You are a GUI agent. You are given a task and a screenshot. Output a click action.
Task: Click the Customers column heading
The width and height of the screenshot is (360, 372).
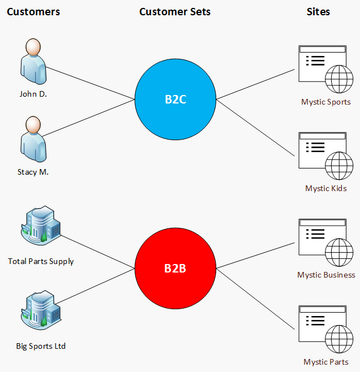tap(33, 11)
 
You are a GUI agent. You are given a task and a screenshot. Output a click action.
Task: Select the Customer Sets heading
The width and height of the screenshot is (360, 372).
tap(175, 11)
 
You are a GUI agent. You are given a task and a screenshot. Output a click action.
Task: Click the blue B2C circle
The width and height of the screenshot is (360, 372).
tap(175, 100)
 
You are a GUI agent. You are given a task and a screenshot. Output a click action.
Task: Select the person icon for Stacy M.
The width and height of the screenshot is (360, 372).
tap(33, 140)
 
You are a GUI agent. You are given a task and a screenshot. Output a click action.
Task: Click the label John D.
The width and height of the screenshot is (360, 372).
tap(33, 94)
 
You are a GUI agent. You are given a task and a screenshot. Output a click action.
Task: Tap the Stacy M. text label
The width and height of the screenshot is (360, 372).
tap(33, 172)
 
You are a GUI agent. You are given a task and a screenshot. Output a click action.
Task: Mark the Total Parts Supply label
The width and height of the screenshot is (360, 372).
tap(41, 261)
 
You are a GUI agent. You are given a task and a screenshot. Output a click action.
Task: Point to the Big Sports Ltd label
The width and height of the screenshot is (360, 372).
tap(41, 345)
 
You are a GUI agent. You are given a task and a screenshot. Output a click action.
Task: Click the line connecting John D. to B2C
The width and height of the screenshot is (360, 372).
tap(91, 84)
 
